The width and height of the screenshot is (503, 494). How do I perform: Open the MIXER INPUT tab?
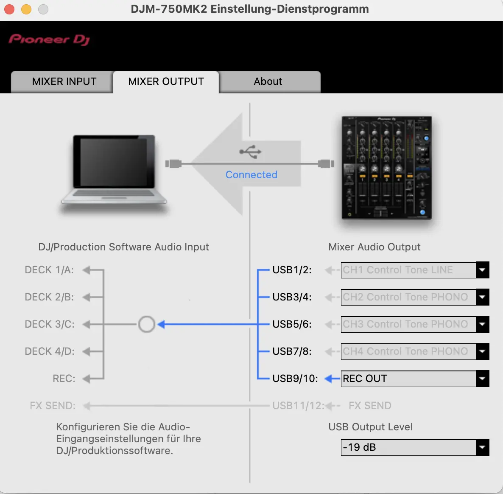[x=64, y=81]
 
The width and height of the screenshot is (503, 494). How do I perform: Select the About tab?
[x=268, y=81]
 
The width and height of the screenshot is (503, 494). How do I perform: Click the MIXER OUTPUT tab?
[x=166, y=81]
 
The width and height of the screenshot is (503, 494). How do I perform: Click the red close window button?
[x=9, y=9]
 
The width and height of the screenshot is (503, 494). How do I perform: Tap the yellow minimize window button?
[x=26, y=9]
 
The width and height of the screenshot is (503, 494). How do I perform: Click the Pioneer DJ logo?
[x=49, y=39]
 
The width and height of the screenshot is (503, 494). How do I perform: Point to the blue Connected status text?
[x=251, y=175]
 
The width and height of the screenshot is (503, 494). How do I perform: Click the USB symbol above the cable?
[x=250, y=152]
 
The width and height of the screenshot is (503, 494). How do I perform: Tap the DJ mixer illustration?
[x=386, y=168]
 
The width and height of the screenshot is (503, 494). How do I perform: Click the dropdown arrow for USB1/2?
[x=482, y=270]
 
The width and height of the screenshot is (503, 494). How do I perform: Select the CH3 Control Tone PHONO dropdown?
[x=415, y=324]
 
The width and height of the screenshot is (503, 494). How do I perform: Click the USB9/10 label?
[x=295, y=379]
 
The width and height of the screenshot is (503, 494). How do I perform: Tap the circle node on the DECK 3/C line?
[x=147, y=324]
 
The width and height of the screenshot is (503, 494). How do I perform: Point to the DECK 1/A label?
[x=49, y=270]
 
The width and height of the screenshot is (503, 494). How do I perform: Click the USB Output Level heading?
[x=370, y=427]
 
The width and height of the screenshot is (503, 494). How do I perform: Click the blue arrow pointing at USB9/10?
[x=332, y=379]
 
